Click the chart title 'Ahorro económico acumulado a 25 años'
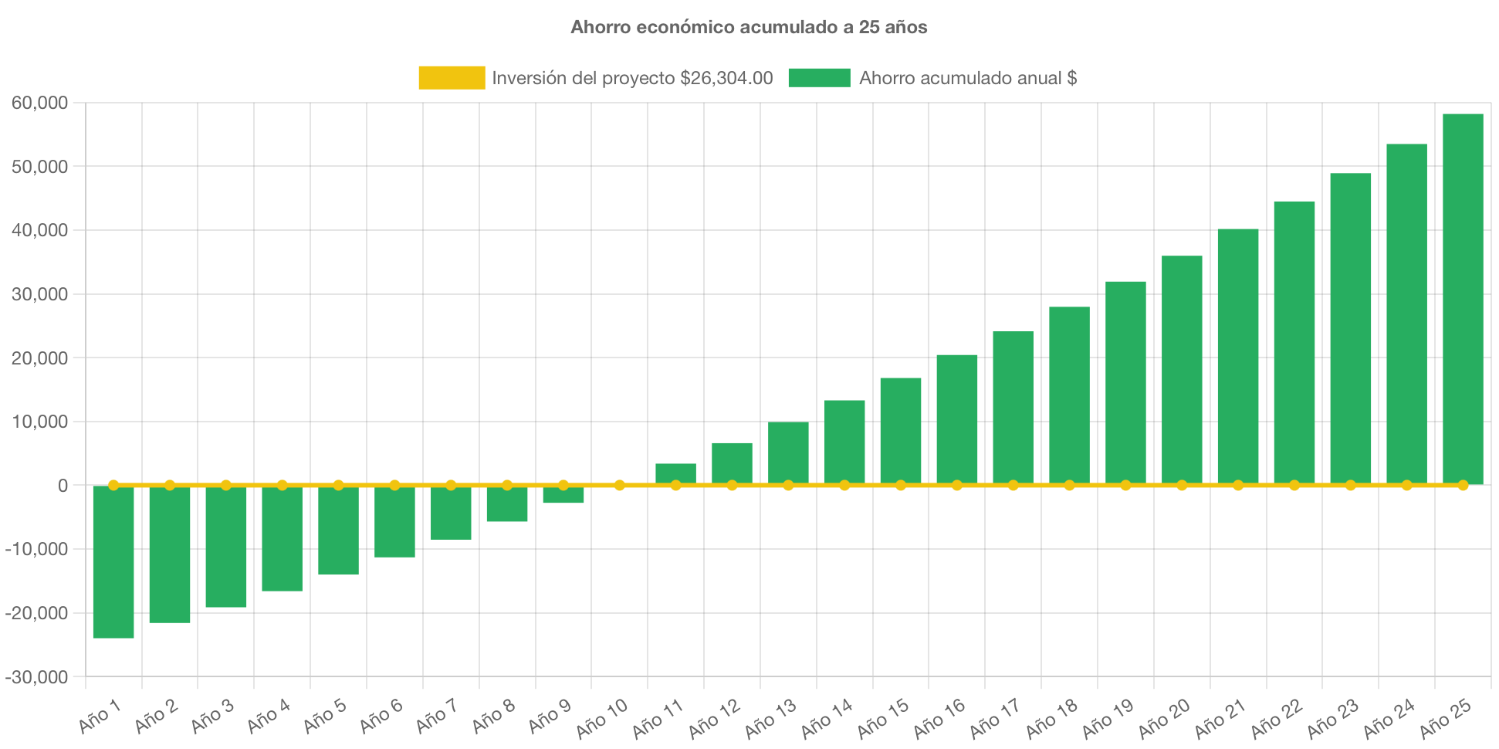tap(749, 27)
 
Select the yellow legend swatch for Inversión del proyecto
tap(452, 78)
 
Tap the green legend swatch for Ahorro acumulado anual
tap(819, 78)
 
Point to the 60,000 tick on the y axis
tap(39, 103)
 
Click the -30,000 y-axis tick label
tap(36, 677)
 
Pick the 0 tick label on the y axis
tap(63, 486)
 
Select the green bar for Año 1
tap(113, 561)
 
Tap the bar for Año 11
tap(675, 473)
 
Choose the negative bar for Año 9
tap(563, 495)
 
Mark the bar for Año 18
tap(1069, 395)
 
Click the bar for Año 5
tap(338, 530)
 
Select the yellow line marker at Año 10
tap(619, 485)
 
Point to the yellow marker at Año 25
tap(1463, 485)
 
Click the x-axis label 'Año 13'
tap(770, 718)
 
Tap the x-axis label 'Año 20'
tap(1164, 718)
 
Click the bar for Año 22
tap(1294, 343)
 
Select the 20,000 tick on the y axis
tap(39, 358)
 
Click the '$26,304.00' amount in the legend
tap(726, 78)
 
